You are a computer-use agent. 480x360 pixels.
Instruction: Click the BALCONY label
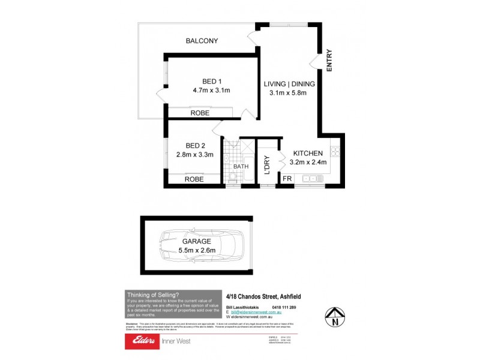pos(202,41)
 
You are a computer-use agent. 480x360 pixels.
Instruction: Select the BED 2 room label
pos(195,145)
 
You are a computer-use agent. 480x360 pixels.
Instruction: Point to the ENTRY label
pos(329,61)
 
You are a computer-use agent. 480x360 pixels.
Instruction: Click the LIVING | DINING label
pos(286,83)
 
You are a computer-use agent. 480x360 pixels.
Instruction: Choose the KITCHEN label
pos(308,153)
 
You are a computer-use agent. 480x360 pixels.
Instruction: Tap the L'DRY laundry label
pos(267,165)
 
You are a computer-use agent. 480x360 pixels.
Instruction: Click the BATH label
pos(241,166)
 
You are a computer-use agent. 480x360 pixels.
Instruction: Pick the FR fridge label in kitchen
pos(287,178)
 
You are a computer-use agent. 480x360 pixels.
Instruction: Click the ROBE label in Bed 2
pos(194,179)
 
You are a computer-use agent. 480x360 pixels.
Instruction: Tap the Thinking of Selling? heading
pos(152,295)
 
